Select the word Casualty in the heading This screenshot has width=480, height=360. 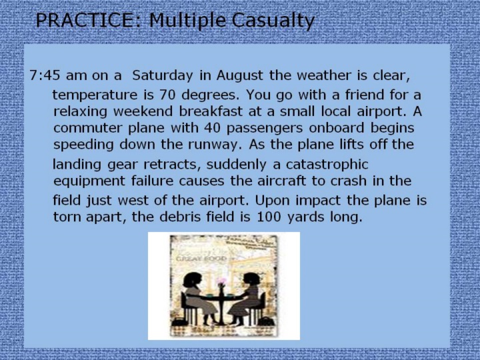273,21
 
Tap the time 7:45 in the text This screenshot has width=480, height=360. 45,75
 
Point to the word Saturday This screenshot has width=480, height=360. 163,75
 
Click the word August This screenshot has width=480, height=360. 240,75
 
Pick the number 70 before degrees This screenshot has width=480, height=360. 167,95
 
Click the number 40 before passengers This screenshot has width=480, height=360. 212,128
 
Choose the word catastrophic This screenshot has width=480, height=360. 327,165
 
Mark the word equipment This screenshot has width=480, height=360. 89,181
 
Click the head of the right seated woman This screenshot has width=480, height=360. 251,279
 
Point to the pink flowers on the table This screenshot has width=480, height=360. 221,281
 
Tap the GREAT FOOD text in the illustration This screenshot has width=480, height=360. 201,259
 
